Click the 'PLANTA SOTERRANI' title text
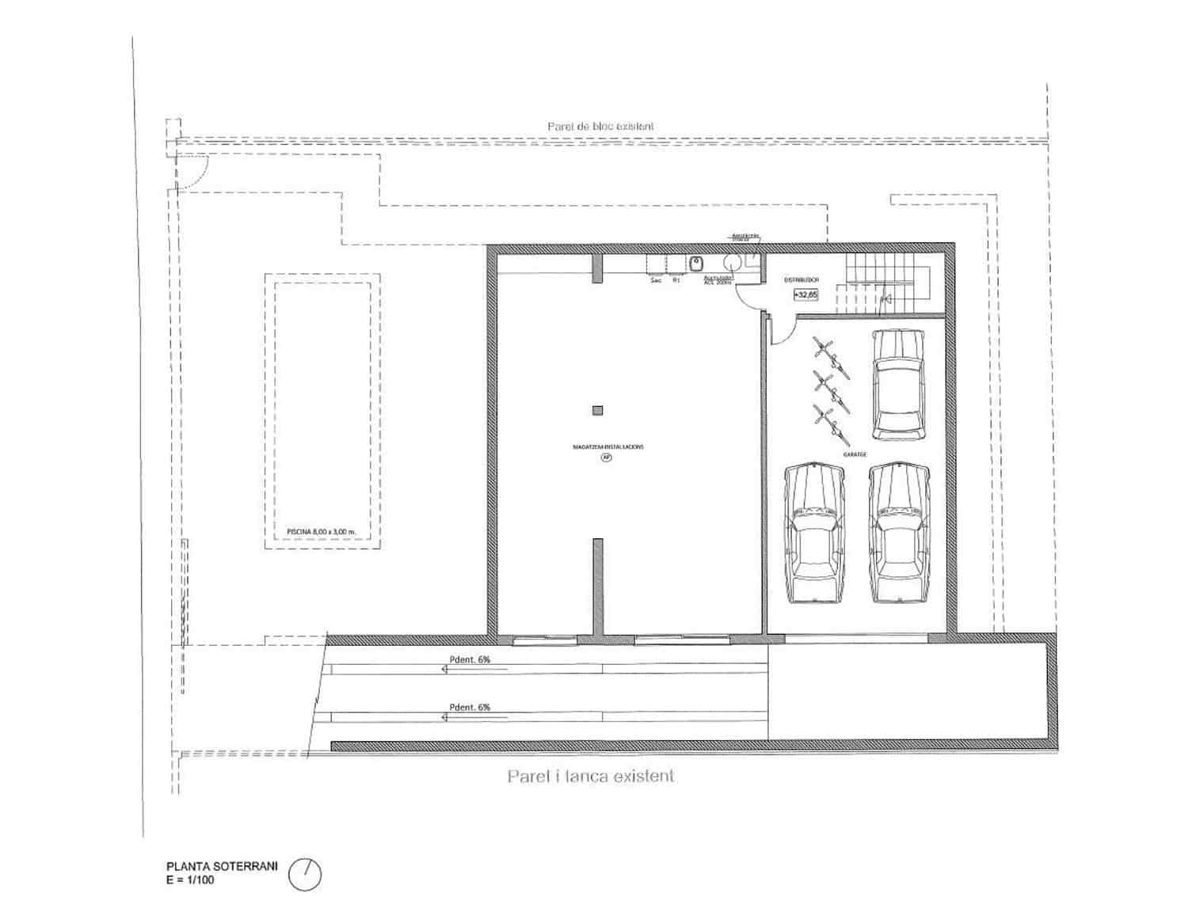tap(222, 867)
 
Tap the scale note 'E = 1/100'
tap(191, 879)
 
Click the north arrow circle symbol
tap(306, 874)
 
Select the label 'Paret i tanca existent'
tap(591, 777)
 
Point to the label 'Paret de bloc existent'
tap(600, 127)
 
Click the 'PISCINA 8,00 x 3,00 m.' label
tap(322, 532)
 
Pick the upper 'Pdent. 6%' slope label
tap(470, 659)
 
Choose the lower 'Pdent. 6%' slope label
tap(470, 708)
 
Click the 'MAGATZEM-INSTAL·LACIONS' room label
tap(608, 447)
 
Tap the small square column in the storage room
tap(598, 410)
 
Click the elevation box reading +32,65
tap(805, 294)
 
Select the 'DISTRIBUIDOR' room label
tap(802, 280)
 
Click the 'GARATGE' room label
tap(855, 454)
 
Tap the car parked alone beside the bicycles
tap(898, 384)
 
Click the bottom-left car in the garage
tap(814, 534)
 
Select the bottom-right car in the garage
tap(899, 534)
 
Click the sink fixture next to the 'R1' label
tap(696, 263)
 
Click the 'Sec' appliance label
tap(655, 280)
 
